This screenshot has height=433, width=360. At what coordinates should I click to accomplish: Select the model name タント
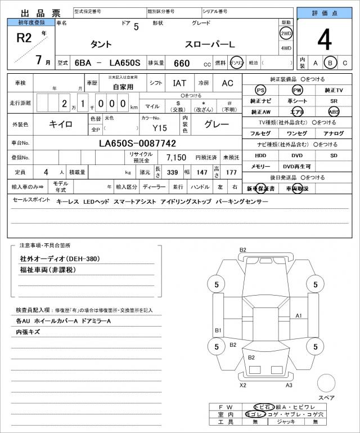click(x=101, y=44)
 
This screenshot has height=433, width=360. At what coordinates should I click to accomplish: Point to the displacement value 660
click(x=181, y=63)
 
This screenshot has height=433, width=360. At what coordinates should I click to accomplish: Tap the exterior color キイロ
click(x=60, y=123)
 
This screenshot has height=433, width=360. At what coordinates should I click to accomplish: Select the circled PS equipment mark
click(x=260, y=90)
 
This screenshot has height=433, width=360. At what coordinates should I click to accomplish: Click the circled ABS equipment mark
click(x=334, y=111)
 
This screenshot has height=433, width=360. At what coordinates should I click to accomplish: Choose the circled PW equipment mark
click(x=297, y=90)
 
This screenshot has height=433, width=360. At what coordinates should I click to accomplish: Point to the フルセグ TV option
click(x=260, y=133)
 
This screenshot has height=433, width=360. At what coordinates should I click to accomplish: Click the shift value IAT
click(x=180, y=83)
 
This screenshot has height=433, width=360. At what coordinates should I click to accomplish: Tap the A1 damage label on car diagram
click(x=299, y=315)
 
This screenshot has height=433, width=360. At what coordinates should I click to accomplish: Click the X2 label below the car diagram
click(x=243, y=385)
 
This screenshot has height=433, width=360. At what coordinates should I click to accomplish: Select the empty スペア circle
click(x=326, y=383)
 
